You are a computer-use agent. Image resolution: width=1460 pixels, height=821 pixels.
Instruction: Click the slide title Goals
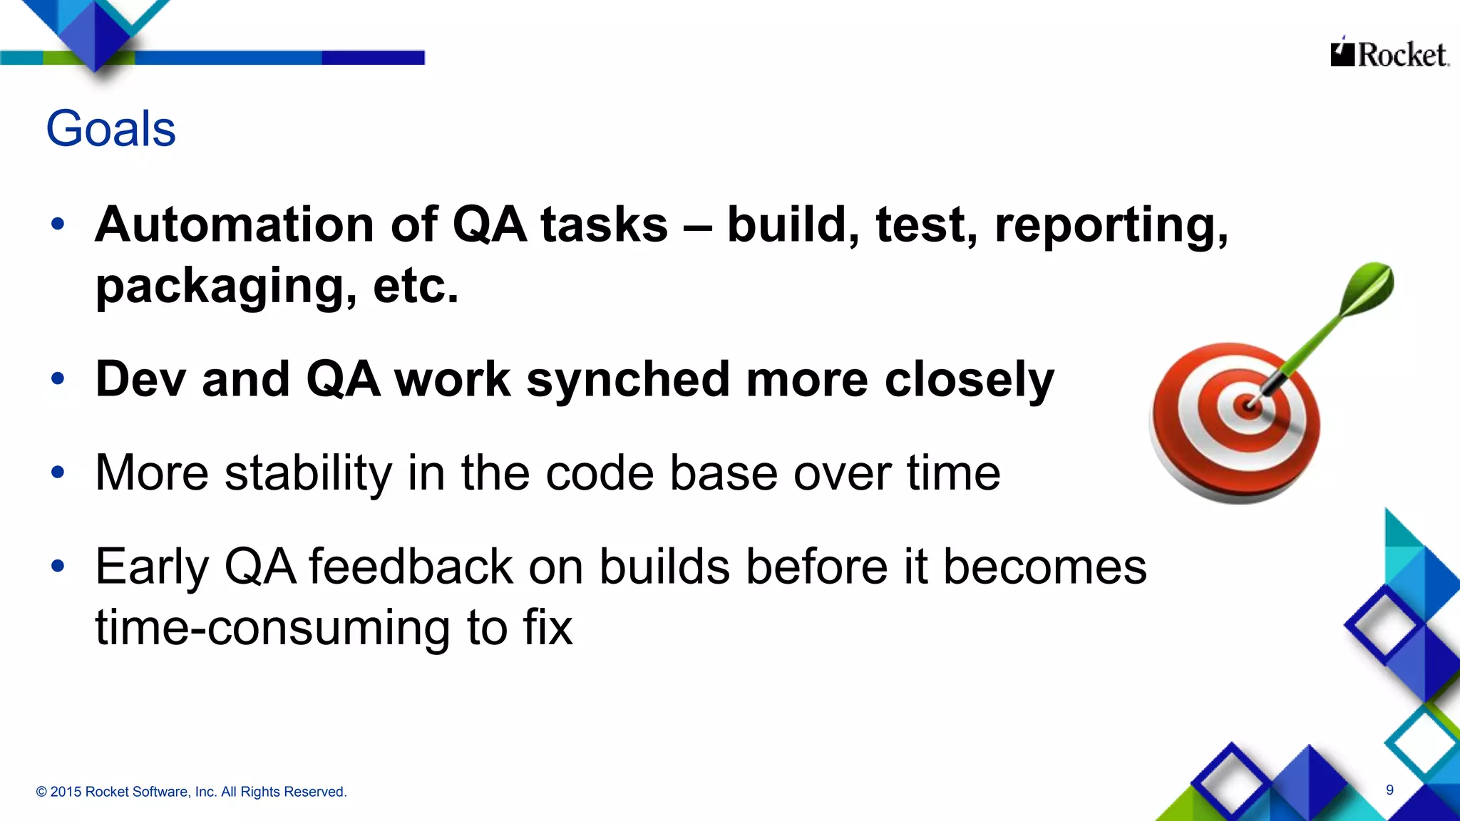[110, 129]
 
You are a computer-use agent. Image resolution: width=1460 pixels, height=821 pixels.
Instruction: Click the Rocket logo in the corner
[1389, 54]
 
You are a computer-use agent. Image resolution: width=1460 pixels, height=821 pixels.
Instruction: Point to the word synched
[628, 381]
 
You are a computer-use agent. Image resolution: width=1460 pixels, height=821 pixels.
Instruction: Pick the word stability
[308, 473]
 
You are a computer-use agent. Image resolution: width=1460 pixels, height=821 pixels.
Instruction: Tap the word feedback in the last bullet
[411, 567]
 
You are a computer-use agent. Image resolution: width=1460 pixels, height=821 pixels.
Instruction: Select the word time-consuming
[272, 628]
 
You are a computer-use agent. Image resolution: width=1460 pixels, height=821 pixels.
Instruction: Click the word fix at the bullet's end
[547, 628]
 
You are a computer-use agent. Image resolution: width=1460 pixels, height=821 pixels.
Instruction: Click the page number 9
[1389, 790]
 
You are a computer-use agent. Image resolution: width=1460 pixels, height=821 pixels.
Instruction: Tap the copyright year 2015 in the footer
[66, 792]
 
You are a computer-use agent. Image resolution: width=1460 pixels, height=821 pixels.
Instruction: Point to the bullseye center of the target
[1248, 406]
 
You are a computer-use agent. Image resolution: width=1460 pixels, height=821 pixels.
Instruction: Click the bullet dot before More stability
[58, 472]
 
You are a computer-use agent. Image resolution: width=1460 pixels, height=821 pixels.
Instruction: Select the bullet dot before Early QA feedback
[58, 566]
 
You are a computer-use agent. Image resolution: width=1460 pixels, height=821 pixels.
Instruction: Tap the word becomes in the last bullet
[1044, 567]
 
